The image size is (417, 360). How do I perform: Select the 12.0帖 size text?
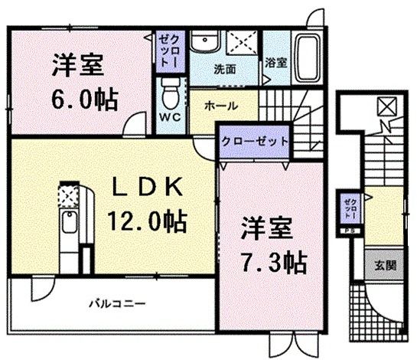coord(148,224)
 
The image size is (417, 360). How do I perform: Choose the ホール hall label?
coord(220,106)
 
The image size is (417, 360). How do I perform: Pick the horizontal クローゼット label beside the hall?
coord(255,142)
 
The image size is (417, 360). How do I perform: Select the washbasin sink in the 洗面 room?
coord(204,42)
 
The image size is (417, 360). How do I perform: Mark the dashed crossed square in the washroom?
coord(243,44)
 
